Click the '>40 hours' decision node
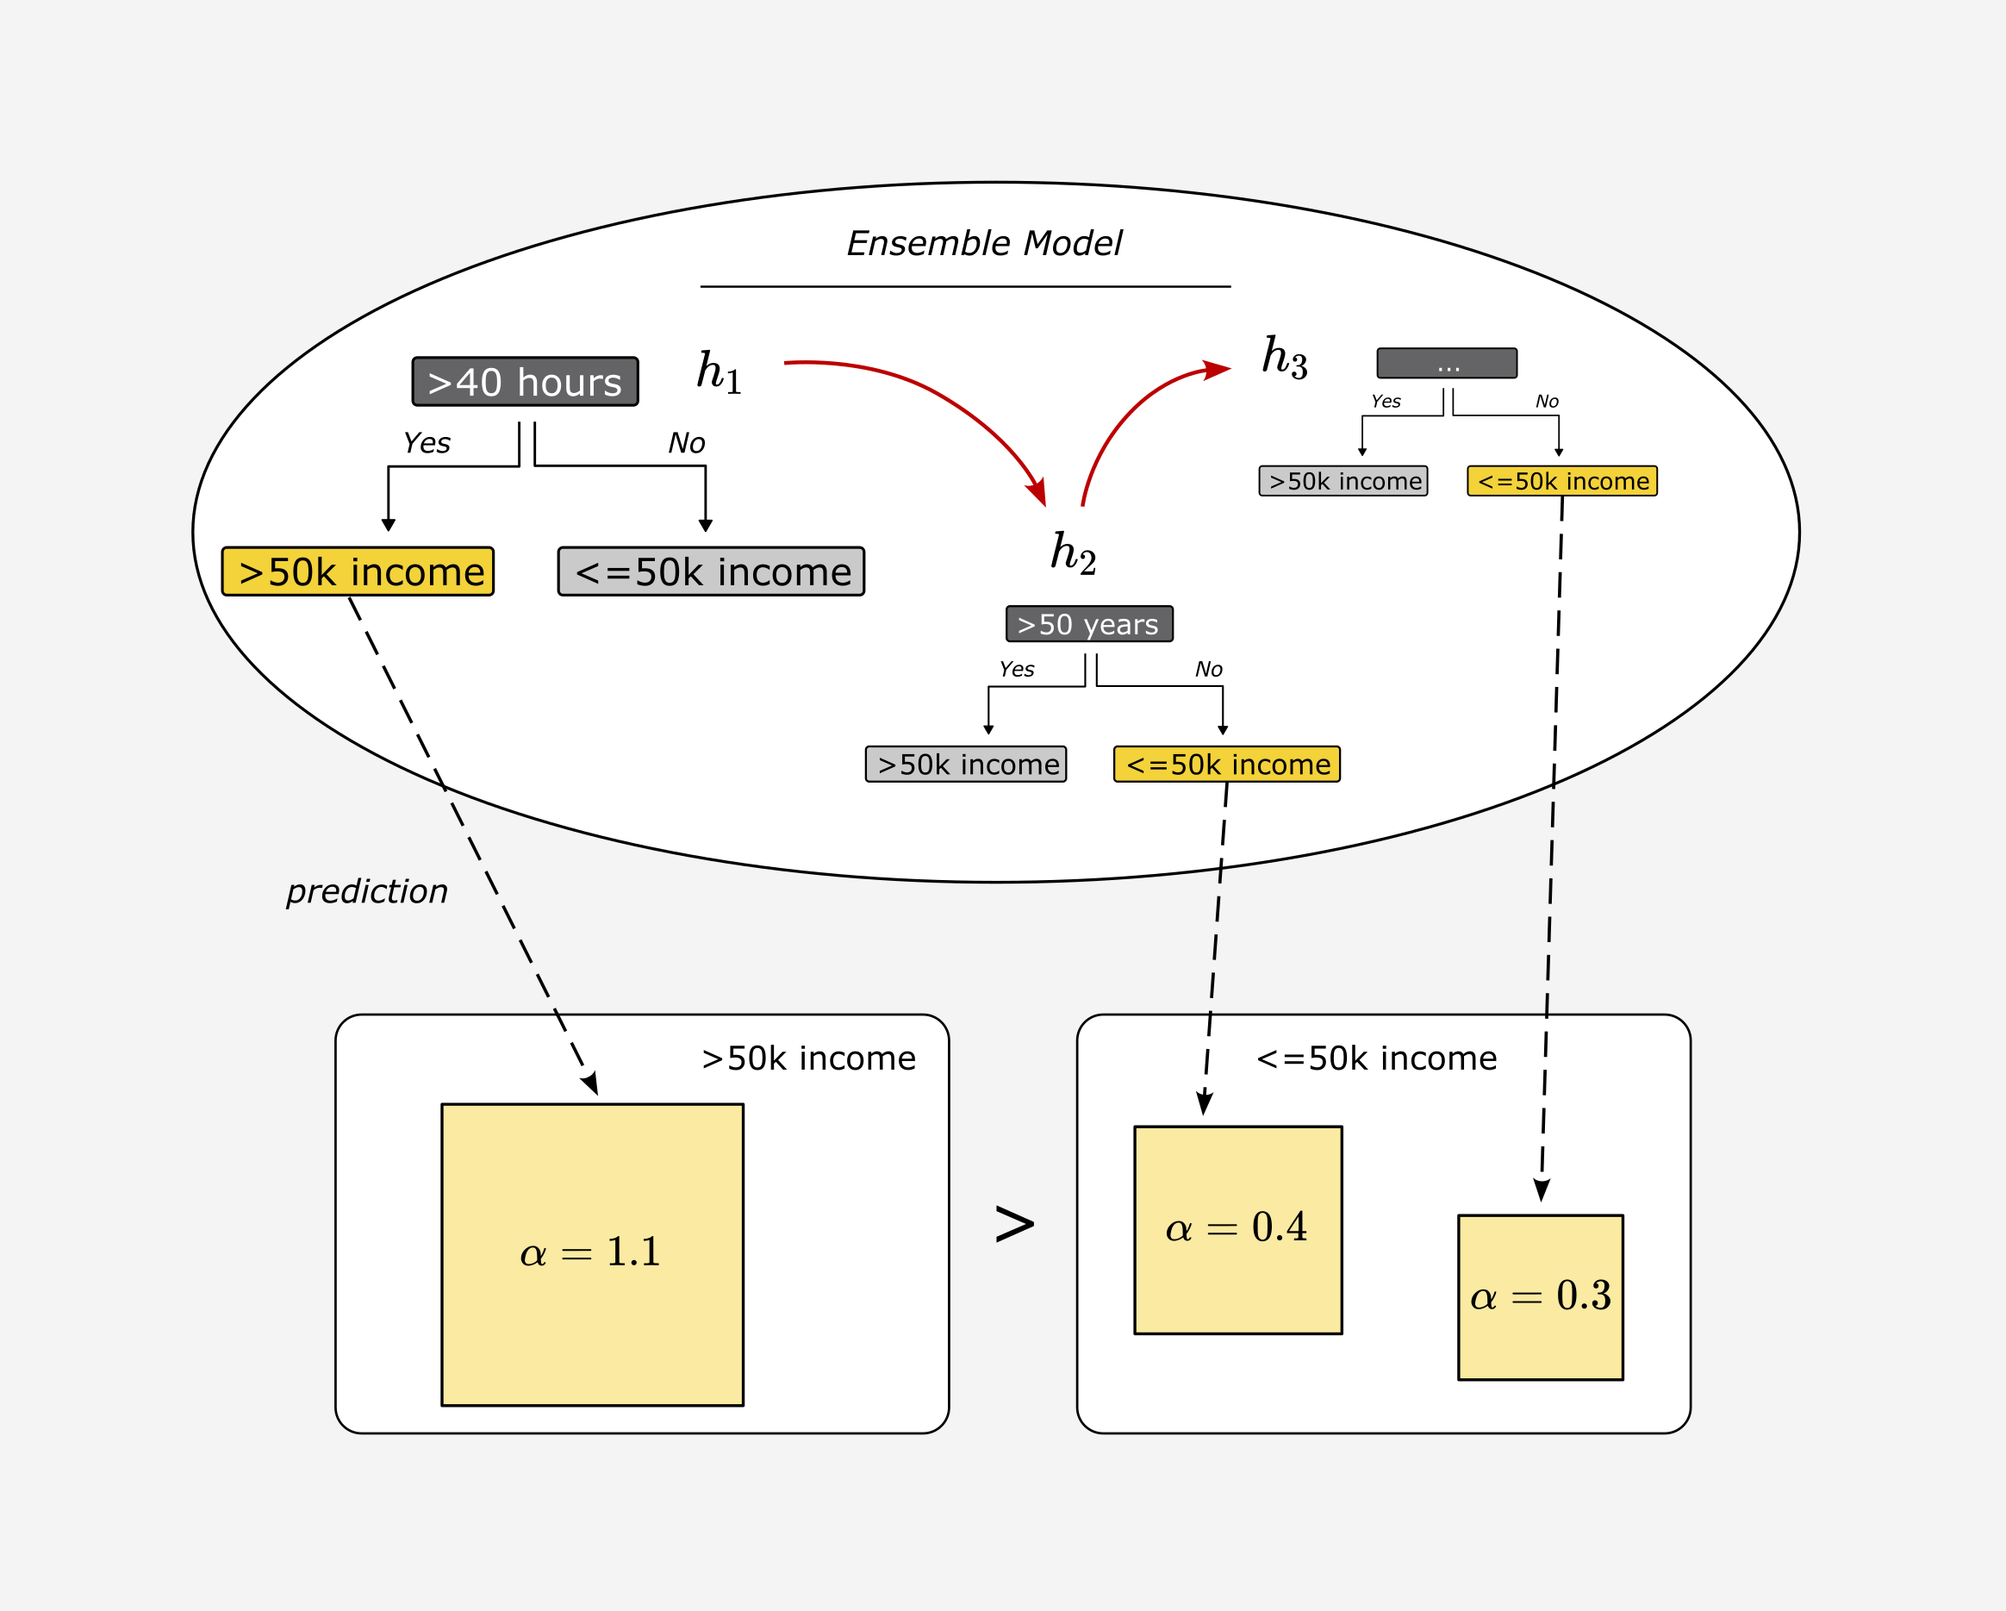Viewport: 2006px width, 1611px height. click(525, 382)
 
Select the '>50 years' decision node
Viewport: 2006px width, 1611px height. click(1088, 623)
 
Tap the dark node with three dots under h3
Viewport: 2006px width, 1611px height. click(1446, 363)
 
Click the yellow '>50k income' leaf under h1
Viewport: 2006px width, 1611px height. click(358, 571)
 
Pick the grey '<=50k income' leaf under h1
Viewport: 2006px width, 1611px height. click(711, 571)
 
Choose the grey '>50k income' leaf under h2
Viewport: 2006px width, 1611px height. click(966, 764)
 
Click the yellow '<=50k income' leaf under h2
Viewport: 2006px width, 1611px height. click(1226, 764)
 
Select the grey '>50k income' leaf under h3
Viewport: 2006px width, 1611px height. click(1343, 481)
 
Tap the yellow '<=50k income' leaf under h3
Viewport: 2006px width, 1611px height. click(1561, 481)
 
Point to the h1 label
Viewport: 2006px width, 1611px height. click(720, 372)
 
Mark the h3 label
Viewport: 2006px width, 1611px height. click(1284, 357)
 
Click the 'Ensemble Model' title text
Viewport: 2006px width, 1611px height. click(983, 244)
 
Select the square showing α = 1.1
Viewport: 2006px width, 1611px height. click(592, 1254)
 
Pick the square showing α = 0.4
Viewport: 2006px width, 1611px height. click(1237, 1229)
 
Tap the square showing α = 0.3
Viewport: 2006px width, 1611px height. click(1540, 1296)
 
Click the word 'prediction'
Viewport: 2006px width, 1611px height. click(366, 891)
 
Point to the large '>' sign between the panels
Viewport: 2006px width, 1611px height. click(1014, 1224)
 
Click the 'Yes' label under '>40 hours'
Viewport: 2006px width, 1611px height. click(427, 443)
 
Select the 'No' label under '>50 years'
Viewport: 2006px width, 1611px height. click(1208, 669)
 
